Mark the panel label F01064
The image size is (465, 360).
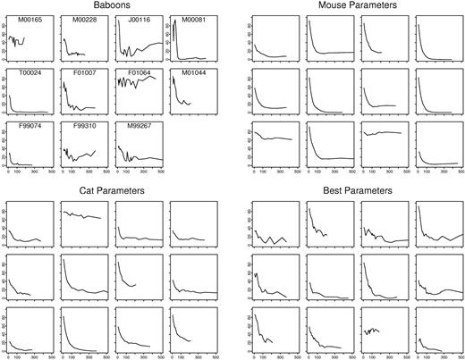pos(139,77)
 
